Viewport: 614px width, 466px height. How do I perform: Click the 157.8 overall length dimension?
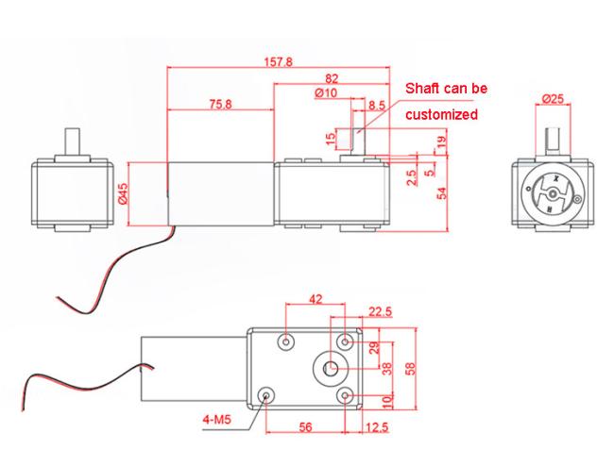coord(278,61)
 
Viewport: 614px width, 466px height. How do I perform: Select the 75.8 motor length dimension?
coord(220,104)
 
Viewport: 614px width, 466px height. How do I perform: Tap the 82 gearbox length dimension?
coord(332,79)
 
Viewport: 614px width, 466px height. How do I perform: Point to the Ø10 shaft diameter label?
coord(326,93)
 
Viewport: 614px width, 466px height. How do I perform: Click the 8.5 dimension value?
coord(377,106)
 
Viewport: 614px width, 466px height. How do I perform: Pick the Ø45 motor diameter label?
coord(123,193)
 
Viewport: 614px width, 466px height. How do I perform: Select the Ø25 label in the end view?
coord(553,99)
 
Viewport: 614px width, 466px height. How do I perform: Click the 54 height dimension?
coord(442,193)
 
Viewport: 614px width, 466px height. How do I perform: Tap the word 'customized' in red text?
coord(442,114)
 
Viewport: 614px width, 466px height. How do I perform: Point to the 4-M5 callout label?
coord(217,420)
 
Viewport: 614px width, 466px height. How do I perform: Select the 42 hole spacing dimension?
coord(316,299)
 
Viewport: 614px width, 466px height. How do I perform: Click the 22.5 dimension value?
coord(380,311)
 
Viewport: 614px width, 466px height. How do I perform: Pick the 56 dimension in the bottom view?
coord(305,427)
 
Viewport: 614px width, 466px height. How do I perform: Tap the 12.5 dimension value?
coord(377,427)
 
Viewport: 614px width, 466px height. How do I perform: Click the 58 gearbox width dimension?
coord(410,368)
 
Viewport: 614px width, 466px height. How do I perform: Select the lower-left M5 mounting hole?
coord(266,395)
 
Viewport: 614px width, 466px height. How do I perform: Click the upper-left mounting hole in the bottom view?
coord(286,342)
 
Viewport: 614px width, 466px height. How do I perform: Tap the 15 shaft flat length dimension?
coord(332,138)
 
